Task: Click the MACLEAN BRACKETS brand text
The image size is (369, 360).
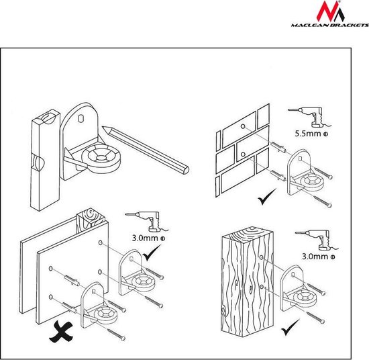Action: click(329, 25)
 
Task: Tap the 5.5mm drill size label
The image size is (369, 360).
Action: click(311, 134)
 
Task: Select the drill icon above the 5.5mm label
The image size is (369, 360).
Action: click(309, 117)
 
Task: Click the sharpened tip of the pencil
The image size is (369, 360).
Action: click(103, 128)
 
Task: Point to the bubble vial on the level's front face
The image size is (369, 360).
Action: click(38, 161)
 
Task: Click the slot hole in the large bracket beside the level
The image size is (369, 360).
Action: click(81, 118)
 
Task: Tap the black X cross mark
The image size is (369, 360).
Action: click(60, 332)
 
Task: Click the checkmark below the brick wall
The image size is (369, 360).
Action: click(266, 197)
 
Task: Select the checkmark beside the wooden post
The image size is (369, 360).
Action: click(291, 327)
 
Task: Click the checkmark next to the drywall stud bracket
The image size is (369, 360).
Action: click(152, 253)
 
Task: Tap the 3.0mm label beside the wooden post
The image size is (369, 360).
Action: click(319, 257)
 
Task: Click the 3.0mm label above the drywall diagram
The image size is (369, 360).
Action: click(148, 238)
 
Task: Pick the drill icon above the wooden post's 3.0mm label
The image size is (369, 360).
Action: click(317, 240)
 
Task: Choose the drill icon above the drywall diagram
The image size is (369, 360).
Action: click(147, 222)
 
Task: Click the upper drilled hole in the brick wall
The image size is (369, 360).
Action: click(243, 126)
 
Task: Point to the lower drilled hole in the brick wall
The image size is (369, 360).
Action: click(244, 154)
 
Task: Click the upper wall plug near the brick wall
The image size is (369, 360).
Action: click(278, 147)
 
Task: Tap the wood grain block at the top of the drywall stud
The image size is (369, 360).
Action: click(91, 218)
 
